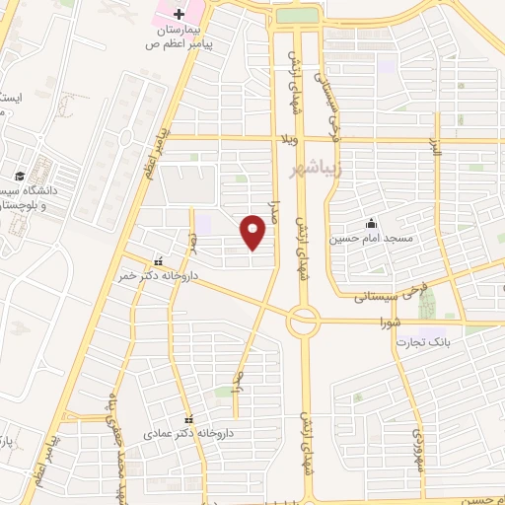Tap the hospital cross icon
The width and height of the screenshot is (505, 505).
click(x=179, y=14)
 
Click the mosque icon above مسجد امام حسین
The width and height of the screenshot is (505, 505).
click(x=371, y=222)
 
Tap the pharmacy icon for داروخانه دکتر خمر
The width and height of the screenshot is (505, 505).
click(x=158, y=261)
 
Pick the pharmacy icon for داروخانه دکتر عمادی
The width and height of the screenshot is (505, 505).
click(x=185, y=416)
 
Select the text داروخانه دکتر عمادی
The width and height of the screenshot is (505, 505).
click(x=176, y=432)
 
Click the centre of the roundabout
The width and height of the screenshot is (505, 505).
click(x=304, y=320)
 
